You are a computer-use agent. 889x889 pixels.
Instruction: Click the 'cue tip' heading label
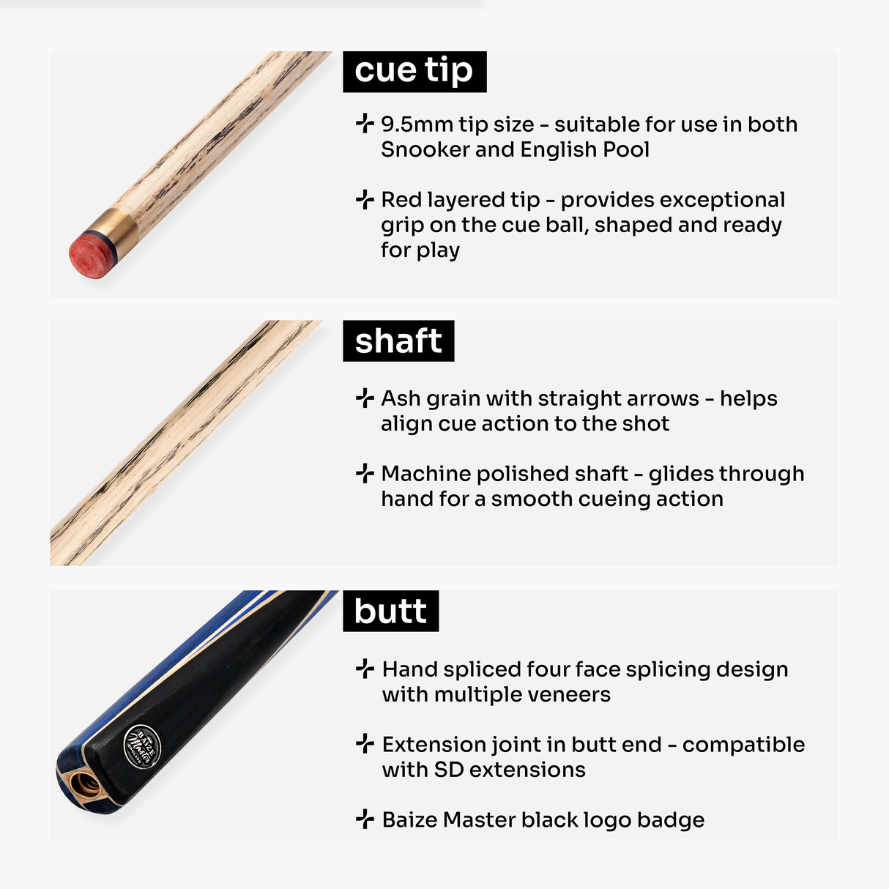point(414,71)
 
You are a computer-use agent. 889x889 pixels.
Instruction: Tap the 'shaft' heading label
point(398,341)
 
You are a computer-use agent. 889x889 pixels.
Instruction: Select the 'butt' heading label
point(390,611)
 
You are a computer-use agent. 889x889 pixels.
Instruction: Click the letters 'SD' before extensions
point(448,770)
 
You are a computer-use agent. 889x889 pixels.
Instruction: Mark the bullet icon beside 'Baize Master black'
point(365,819)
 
